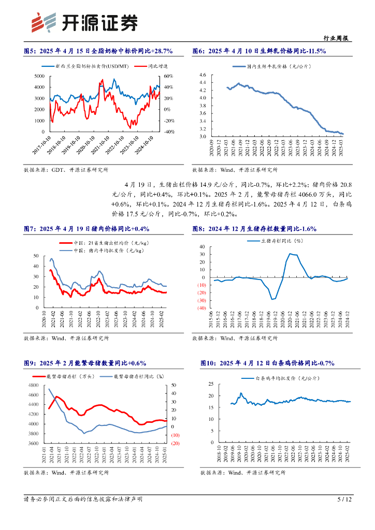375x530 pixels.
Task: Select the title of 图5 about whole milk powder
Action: pos(98,51)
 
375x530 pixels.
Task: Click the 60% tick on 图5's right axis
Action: pos(168,76)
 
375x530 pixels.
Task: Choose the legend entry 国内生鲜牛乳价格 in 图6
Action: pos(258,67)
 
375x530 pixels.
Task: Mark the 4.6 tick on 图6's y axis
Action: pos(202,75)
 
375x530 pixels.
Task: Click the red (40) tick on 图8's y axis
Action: pos(202,308)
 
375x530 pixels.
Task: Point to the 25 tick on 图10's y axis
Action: pos(211,384)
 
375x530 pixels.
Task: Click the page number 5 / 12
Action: pos(344,499)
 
